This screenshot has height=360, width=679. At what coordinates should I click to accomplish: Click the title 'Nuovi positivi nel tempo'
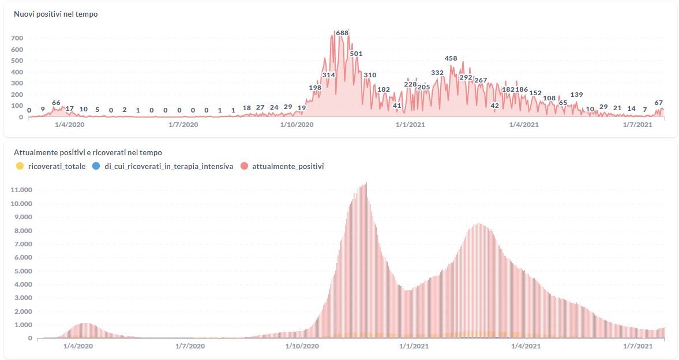coord(56,14)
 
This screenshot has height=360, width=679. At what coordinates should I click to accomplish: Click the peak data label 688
coord(342,33)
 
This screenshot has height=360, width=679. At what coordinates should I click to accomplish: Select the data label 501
coord(356,54)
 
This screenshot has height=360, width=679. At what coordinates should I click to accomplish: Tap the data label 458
coord(451,58)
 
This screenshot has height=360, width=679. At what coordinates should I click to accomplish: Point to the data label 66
coord(56,103)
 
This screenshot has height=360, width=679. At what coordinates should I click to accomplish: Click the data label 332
coord(437,73)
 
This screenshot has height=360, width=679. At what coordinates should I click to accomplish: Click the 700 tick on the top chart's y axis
coord(17,38)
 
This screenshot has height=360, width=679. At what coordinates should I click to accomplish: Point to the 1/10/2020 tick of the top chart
coord(297,124)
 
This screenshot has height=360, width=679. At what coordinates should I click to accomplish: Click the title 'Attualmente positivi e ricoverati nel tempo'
coord(88,152)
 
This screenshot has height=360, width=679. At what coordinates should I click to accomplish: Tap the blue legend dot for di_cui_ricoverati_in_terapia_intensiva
coord(95,166)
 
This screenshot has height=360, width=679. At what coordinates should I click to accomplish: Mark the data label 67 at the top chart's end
coord(658,103)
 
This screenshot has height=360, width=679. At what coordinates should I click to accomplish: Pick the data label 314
coord(329,75)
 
